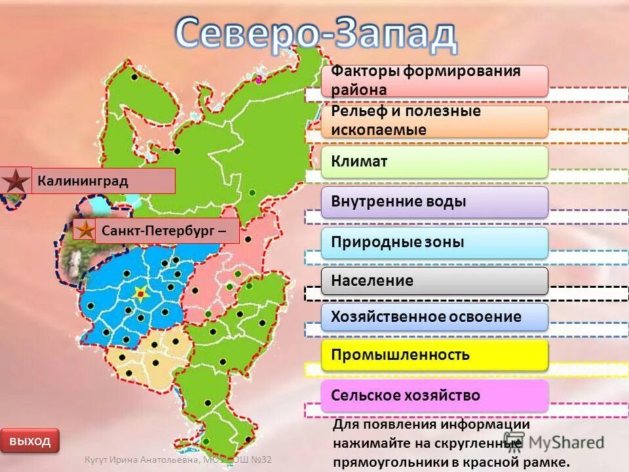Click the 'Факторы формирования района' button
(x=434, y=81)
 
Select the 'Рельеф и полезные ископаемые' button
(x=434, y=121)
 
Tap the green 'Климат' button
(x=434, y=161)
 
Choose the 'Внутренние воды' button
(x=434, y=202)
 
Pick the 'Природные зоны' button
(x=434, y=243)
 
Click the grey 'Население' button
(x=434, y=281)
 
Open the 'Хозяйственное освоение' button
(x=434, y=317)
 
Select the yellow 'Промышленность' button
(x=434, y=355)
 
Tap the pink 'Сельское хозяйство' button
(x=434, y=395)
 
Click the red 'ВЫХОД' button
(x=29, y=441)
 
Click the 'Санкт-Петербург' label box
(x=166, y=231)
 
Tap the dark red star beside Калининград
(x=16, y=181)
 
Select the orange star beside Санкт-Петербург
(x=85, y=230)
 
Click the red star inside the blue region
(x=140, y=294)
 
